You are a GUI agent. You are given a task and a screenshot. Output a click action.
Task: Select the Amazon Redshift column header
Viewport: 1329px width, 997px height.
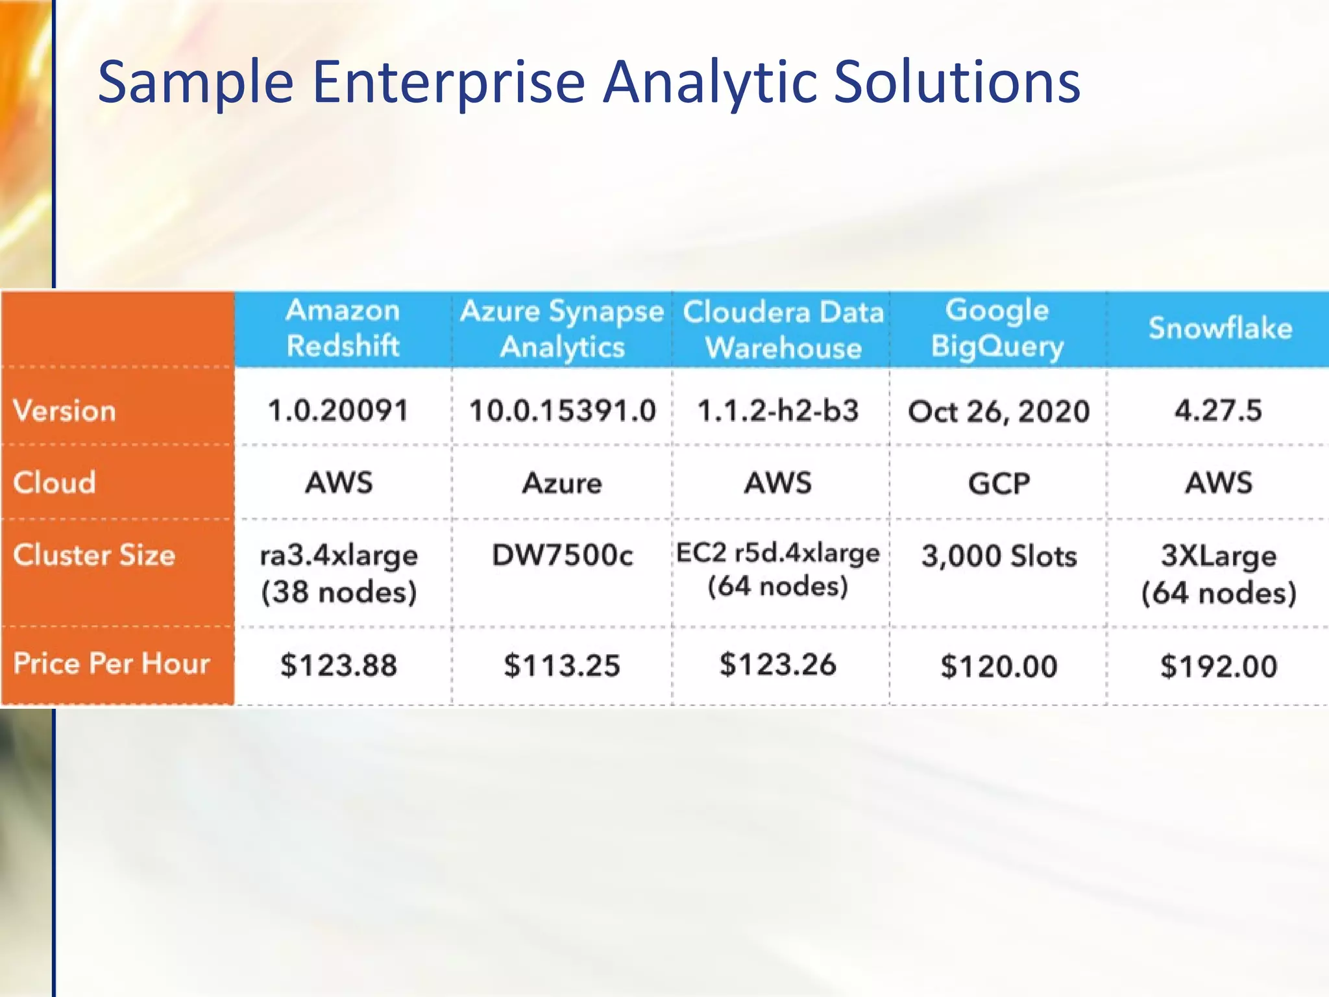343,328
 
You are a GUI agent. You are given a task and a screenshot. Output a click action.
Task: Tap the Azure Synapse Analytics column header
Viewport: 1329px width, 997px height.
562,329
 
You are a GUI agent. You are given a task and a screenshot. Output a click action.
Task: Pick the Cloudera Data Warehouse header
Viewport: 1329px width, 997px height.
783,330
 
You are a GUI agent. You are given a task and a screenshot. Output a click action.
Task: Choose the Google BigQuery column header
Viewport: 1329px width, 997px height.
997,328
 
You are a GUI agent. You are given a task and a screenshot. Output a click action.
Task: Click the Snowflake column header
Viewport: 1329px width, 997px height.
1220,328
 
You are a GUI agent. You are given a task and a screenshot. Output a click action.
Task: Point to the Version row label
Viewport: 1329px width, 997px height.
64,411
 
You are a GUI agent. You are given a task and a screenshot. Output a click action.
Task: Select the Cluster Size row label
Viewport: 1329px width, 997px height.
94,555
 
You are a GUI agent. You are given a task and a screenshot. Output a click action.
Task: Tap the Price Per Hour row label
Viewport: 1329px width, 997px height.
112,663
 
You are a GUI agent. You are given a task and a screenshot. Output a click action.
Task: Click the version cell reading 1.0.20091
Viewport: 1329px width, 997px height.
338,411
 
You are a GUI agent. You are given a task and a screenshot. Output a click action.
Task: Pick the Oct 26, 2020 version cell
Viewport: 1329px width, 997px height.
999,412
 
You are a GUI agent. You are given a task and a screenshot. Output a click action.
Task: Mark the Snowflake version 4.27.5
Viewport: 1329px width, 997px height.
1218,411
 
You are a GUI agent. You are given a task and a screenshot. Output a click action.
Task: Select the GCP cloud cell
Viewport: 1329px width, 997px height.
999,484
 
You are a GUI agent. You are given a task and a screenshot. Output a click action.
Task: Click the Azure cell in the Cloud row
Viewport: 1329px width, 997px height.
562,484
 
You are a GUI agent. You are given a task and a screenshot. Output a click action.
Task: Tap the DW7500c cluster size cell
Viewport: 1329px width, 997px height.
562,555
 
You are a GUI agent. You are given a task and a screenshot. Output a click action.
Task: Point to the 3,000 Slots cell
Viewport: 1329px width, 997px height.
999,556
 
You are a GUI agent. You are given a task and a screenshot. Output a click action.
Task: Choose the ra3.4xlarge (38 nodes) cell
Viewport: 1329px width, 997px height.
338,573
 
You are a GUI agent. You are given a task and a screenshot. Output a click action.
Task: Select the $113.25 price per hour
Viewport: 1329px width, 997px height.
562,666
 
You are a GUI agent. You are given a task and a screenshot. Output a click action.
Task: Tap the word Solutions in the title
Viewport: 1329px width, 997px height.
957,83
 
